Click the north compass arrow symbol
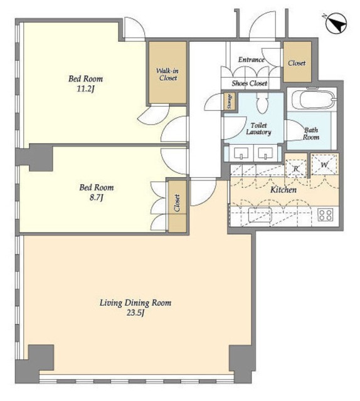(336, 24)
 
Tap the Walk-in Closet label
(167, 74)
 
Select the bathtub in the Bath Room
(317, 100)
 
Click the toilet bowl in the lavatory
(262, 103)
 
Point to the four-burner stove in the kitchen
(326, 214)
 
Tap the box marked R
(296, 169)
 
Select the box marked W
(324, 164)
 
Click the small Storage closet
(230, 102)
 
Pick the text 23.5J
(135, 313)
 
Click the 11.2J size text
(86, 89)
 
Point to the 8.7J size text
(97, 198)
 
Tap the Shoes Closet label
(250, 83)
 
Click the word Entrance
(251, 60)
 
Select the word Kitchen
(283, 190)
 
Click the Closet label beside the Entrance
(297, 63)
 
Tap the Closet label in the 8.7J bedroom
(177, 203)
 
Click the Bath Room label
(311, 133)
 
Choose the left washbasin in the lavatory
(240, 153)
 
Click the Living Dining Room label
(135, 303)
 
